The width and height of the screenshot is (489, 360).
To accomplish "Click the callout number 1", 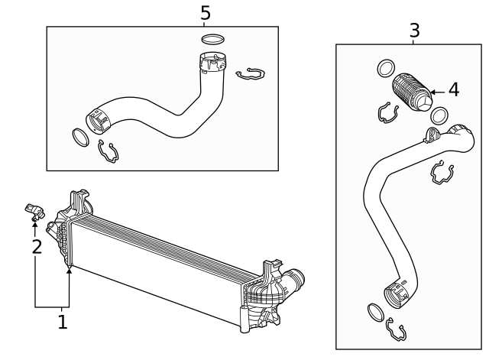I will click(63, 323).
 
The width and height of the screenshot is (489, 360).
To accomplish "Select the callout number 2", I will click(35, 246).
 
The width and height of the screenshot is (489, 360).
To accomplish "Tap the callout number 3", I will click(414, 31).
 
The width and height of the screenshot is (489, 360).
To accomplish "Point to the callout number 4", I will click(453, 90).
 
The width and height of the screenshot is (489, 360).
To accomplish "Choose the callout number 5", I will click(205, 13).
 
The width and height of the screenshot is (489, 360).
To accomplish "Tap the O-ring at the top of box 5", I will click(213, 39).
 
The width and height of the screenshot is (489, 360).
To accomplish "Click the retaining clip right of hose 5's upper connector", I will click(250, 74).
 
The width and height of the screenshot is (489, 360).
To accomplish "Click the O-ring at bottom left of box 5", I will click(79, 138).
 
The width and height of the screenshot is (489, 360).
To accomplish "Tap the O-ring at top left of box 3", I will click(386, 69).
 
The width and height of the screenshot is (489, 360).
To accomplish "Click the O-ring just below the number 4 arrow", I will click(439, 115).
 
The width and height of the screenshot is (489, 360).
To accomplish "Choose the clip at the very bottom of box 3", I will click(397, 330).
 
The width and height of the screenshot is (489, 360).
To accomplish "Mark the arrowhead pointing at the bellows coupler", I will click(432, 92).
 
